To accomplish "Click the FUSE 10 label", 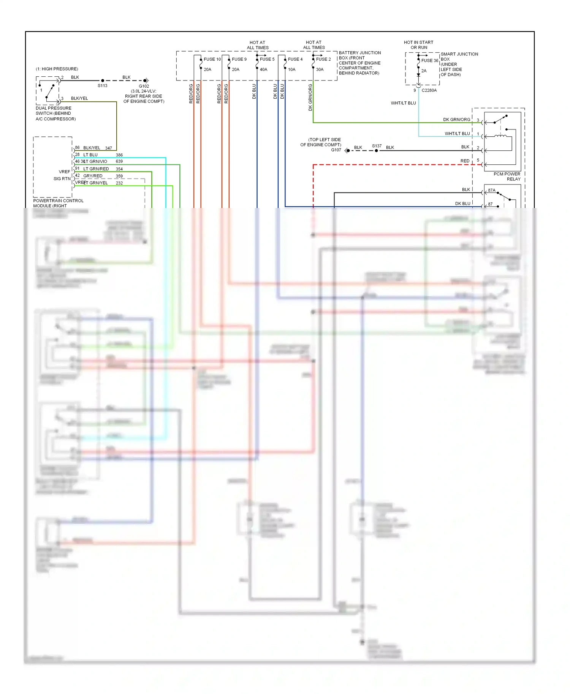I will coord(212,59).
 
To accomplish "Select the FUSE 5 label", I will coord(267,59).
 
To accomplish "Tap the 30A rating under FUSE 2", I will coord(320,69).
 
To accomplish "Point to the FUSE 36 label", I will coord(429,60).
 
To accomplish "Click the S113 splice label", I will coord(103,86).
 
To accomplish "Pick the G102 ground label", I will coord(144,86).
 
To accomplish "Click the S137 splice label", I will coord(377,146).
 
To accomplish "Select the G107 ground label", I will coord(336,150).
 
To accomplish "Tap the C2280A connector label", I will coord(429,90).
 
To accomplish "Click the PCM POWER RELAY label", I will coord(507,177).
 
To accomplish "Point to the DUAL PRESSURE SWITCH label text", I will coord(55,113).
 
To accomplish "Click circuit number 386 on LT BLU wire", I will coord(119,155).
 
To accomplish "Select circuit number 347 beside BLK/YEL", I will coord(109,148).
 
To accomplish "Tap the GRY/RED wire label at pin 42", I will coord(93,176).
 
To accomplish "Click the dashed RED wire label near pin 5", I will coord(465,161).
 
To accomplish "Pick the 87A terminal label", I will coord(492,190).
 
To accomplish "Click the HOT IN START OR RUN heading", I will coord(418,45).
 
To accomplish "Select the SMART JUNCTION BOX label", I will coord(459,57).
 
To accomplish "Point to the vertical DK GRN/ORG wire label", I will coord(310,98).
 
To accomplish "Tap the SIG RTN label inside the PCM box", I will coord(62,179).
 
